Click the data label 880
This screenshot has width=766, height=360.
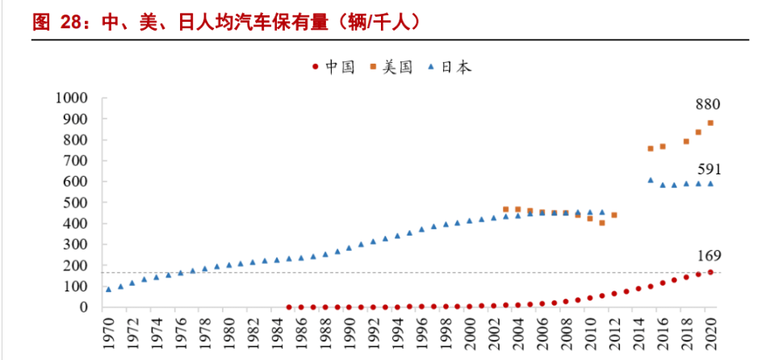pos(708,105)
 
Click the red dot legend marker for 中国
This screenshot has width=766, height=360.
pos(315,68)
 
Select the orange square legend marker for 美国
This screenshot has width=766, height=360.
pos(375,68)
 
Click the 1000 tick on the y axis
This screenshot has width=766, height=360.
pos(71,98)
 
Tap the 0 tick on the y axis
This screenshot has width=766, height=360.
pos(84,308)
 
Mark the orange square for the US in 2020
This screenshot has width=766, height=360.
pos(710,123)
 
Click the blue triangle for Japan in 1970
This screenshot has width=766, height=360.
pos(108,289)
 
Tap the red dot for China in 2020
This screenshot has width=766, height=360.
pos(710,272)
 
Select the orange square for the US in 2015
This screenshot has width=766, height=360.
pos(651,149)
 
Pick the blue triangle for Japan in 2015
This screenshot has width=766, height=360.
pos(651,180)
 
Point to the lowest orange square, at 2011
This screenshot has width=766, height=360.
pos(602,223)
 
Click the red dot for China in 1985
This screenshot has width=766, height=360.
pos(289,307)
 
